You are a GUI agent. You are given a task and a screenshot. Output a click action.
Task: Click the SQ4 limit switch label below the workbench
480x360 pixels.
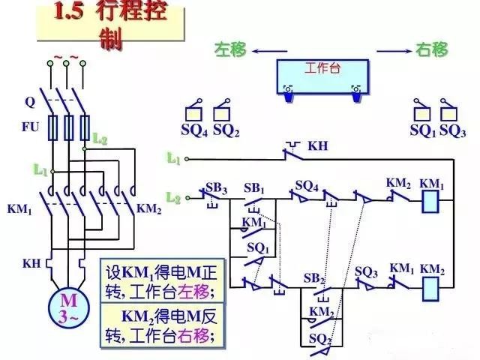pyautogui.click(x=195, y=130)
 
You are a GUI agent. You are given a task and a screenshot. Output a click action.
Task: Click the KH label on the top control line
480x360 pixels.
pyautogui.click(x=318, y=145)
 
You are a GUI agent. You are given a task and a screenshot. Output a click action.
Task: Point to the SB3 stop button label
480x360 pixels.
pyautogui.click(x=216, y=187)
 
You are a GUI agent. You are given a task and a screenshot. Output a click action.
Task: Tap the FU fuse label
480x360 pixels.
pyautogui.click(x=30, y=127)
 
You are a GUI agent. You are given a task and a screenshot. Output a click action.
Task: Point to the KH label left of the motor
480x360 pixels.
pyautogui.click(x=31, y=263)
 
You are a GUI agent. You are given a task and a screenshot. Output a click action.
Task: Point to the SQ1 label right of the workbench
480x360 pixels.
pyautogui.click(x=422, y=130)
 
